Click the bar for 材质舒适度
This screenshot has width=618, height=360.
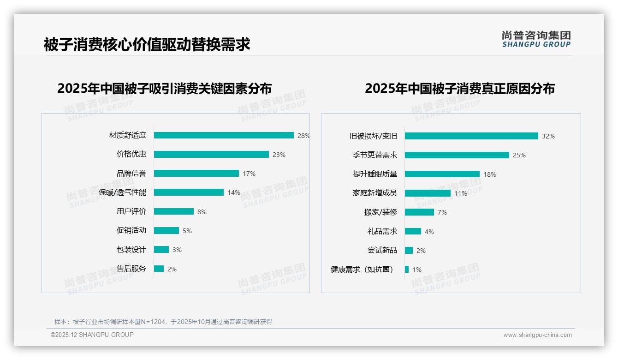tap(224, 135)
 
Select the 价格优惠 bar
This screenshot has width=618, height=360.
tap(211, 155)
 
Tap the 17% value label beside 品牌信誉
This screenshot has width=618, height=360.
tap(249, 174)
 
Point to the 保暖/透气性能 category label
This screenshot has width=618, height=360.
tap(122, 192)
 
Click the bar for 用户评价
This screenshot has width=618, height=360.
tap(174, 211)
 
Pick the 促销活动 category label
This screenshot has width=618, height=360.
tap(131, 230)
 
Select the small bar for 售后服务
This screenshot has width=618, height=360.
tap(159, 269)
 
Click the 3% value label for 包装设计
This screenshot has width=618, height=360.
tap(177, 250)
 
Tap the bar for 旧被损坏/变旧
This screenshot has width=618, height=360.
tap(471, 136)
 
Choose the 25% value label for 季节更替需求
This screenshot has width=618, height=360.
tap(519, 155)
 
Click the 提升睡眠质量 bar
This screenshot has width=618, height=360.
tap(442, 174)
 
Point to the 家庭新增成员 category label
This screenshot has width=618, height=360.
tap(374, 193)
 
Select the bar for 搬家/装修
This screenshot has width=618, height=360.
tap(419, 212)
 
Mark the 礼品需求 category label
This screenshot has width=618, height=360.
tap(382, 231)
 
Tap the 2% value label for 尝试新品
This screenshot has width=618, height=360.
tap(421, 251)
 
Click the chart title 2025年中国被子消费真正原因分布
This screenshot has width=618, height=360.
tap(460, 89)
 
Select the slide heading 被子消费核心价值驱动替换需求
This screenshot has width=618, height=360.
tap(147, 45)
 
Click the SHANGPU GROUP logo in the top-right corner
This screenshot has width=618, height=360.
tap(536, 39)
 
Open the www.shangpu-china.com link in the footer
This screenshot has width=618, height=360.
tap(537, 335)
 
